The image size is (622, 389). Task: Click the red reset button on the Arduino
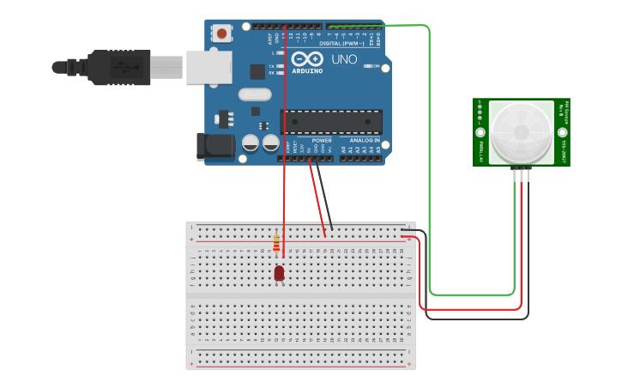(x=222, y=33)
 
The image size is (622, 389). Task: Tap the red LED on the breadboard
(x=279, y=273)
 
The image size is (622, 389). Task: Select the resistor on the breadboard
(x=276, y=244)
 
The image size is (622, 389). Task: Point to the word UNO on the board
(x=344, y=59)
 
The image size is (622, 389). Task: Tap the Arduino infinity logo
(x=307, y=58)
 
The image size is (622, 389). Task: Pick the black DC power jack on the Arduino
(x=215, y=146)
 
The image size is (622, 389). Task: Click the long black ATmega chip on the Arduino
(x=331, y=122)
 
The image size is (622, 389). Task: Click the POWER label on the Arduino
(x=322, y=140)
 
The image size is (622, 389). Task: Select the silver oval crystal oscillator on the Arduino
(x=254, y=94)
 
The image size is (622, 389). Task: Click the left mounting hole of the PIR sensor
(x=480, y=133)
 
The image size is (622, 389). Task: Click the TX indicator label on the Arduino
(x=271, y=66)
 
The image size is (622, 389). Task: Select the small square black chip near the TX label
(x=257, y=72)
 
